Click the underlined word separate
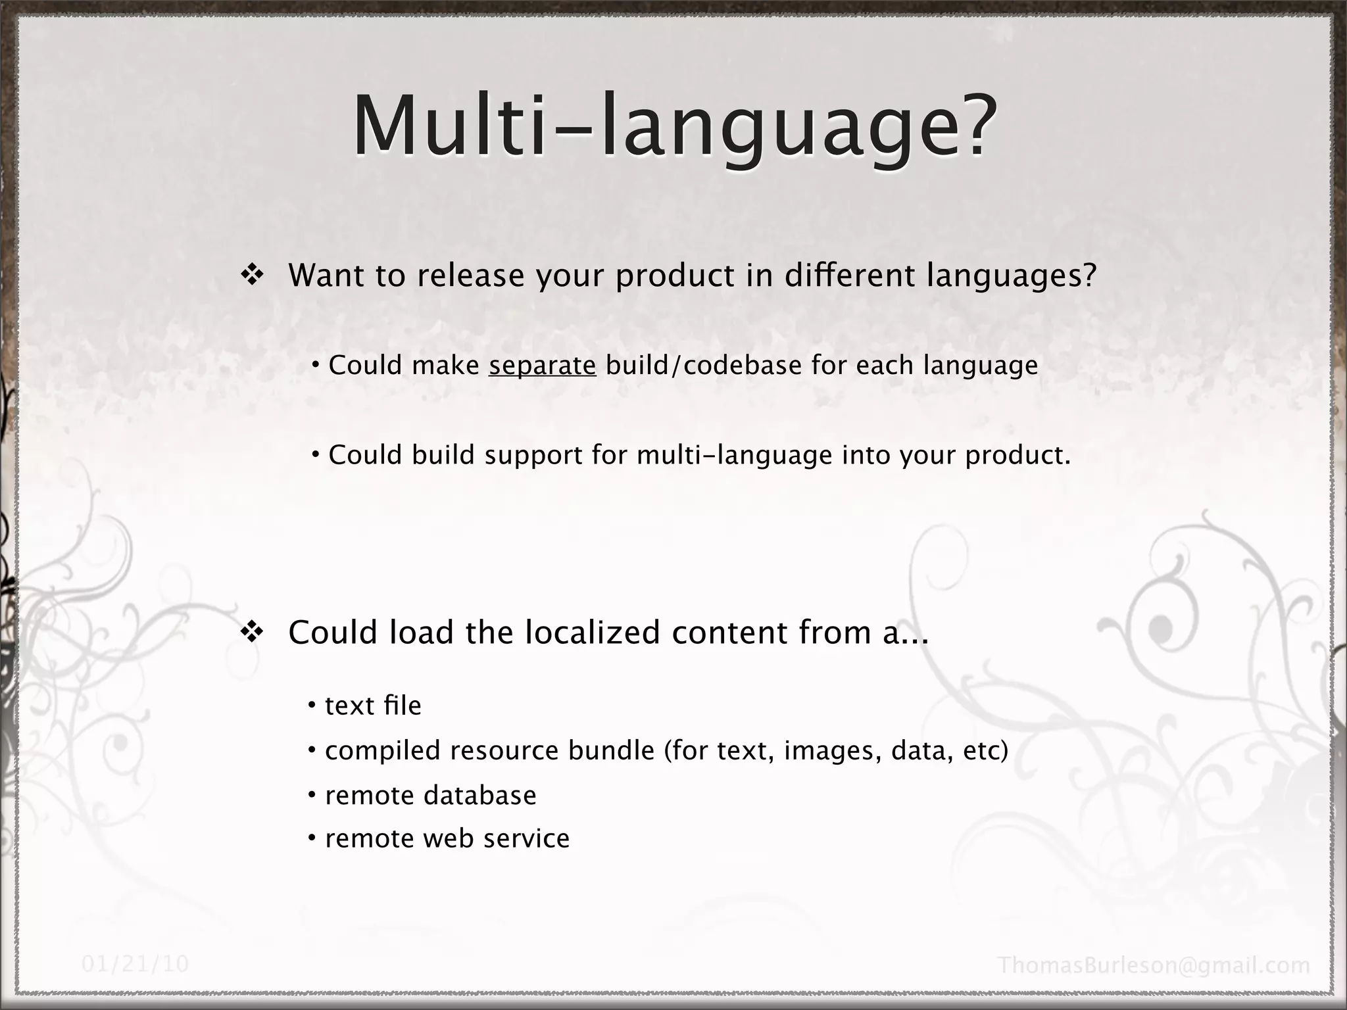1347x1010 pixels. click(x=543, y=366)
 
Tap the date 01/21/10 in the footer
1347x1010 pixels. click(x=135, y=964)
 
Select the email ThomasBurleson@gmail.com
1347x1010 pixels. click(x=1154, y=965)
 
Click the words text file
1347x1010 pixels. click(x=373, y=706)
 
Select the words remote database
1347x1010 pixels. click(x=431, y=795)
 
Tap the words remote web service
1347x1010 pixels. click(x=447, y=838)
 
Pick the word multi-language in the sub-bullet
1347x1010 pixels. click(x=735, y=455)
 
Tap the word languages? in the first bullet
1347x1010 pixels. click(x=1012, y=276)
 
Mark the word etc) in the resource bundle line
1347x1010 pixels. click(x=985, y=750)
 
